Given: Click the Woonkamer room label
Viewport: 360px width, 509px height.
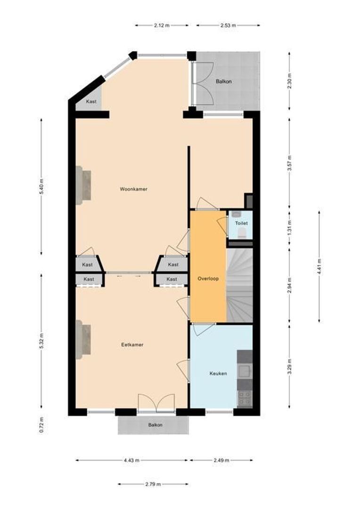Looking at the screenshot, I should [133, 189].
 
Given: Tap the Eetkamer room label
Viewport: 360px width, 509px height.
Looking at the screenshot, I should [132, 345].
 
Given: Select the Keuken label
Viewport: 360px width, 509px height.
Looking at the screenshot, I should [218, 373].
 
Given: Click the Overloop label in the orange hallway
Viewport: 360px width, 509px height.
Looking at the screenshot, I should [208, 279].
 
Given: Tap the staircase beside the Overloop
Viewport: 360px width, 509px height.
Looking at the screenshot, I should [240, 285].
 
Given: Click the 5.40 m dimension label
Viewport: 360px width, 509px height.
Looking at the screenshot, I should [41, 186].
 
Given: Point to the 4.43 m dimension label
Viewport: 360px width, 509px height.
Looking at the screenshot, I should [131, 460].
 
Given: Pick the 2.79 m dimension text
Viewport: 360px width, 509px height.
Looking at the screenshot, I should [153, 484].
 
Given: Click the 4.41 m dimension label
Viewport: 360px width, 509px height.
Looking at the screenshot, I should [319, 266].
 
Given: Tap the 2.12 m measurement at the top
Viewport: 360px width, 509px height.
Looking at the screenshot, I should [162, 25].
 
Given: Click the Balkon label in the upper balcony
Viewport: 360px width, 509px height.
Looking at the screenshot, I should [223, 82].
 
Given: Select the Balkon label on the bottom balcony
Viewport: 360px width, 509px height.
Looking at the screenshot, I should [155, 425].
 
